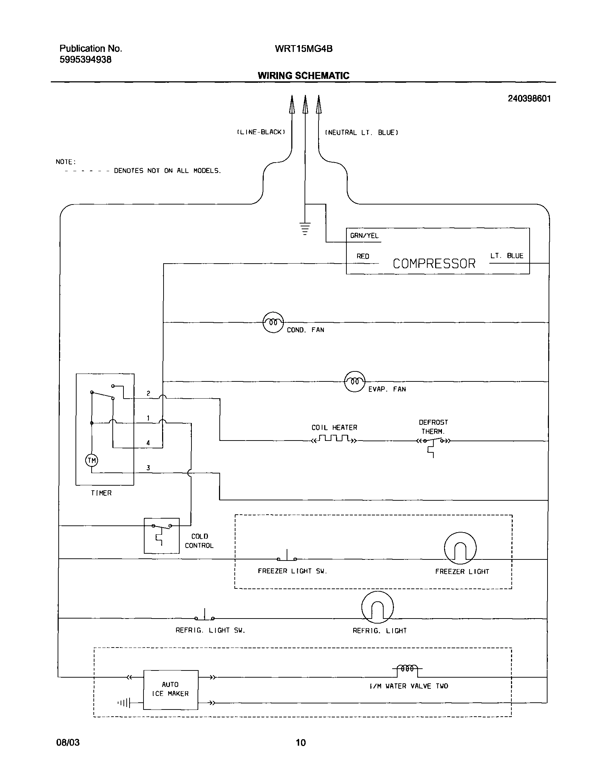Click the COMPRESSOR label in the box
coord(434,264)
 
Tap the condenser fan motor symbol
coord(273,322)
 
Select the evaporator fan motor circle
coord(355,381)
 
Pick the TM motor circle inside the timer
coord(92,461)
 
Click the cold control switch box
coord(161,535)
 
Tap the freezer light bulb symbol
coord(460,548)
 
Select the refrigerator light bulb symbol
coord(377,607)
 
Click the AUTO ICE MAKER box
coord(170,689)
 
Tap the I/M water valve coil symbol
coord(407,669)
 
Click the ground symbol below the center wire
coord(305,229)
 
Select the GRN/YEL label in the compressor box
coord(364,236)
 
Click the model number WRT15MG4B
coord(303,49)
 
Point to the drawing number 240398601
coord(529,99)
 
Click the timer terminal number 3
coord(148,468)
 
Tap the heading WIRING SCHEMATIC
coord(303,76)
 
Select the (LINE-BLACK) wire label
coord(261,132)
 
